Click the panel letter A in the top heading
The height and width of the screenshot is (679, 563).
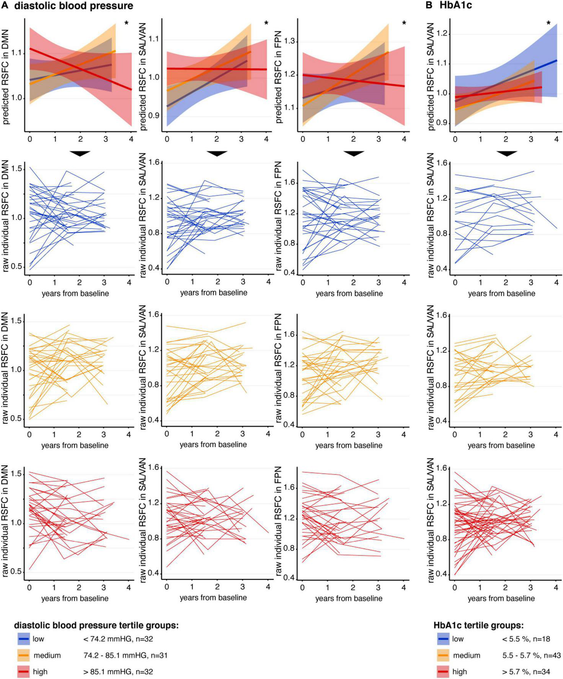coord(5,5)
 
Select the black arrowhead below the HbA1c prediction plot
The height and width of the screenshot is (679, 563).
coord(507,154)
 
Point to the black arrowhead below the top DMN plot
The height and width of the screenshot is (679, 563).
coord(80,154)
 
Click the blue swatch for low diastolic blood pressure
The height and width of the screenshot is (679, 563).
coord(24,639)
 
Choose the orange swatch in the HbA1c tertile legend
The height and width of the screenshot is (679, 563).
coord(443,655)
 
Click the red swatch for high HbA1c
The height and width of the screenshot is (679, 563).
coord(443,671)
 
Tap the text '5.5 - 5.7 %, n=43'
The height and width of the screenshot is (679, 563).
coord(531,655)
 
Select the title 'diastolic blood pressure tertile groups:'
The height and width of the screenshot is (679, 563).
coord(96,625)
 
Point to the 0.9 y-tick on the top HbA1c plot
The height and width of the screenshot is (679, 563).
coord(443,123)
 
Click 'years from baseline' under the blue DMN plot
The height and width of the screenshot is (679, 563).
coord(75,294)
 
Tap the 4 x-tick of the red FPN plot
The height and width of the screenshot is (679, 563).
coord(404,587)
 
